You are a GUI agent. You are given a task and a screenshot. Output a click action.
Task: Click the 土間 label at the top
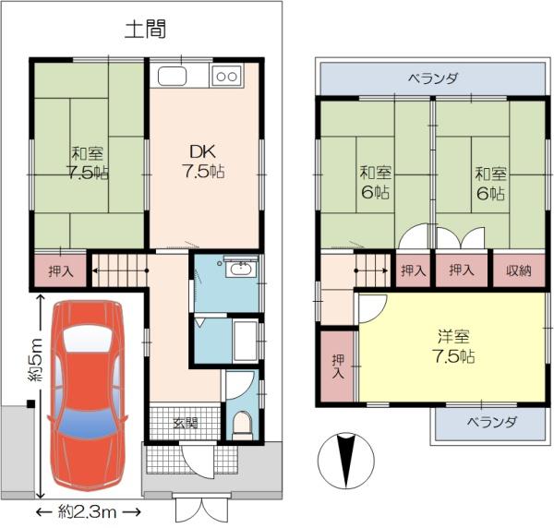145,29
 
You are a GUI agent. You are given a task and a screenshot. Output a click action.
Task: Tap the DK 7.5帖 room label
203,161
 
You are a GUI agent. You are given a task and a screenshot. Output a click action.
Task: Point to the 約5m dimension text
35,359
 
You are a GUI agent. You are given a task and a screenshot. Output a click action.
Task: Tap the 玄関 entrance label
186,423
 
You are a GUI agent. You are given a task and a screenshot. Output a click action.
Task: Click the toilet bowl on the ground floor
242,425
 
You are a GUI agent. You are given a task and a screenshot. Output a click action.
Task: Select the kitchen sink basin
172,76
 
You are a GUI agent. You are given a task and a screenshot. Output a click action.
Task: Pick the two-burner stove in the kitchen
226,76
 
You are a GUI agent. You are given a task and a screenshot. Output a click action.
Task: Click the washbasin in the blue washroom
241,270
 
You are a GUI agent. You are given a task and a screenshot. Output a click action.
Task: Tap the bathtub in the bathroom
245,341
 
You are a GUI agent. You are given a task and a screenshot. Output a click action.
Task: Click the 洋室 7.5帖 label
453,346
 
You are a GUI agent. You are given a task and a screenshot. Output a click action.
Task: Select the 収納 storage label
519,270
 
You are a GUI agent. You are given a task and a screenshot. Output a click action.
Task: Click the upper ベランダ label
433,78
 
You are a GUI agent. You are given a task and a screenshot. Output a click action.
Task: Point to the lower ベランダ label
491,422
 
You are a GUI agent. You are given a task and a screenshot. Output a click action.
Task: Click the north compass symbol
346,461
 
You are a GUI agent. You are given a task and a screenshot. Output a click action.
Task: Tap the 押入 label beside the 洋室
338,366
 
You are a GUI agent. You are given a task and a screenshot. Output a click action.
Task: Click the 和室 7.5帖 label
88,163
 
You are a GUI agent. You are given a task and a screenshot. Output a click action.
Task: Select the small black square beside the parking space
31,403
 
